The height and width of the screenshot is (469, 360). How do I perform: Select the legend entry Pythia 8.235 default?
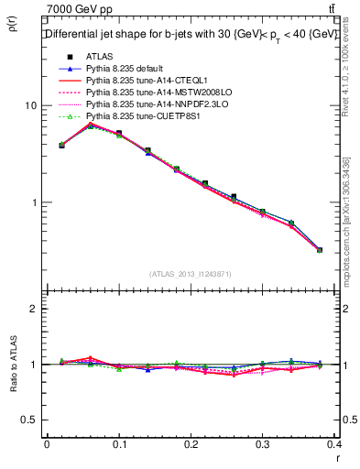126,69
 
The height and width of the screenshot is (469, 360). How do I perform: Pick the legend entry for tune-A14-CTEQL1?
140,81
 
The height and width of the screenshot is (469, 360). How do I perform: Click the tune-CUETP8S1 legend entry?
140,117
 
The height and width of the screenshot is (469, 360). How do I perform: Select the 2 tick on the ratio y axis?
34,309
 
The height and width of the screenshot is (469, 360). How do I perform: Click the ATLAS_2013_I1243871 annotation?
190,274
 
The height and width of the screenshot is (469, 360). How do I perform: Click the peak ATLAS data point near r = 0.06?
90,125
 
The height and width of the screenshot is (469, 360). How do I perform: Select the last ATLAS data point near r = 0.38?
320,249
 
